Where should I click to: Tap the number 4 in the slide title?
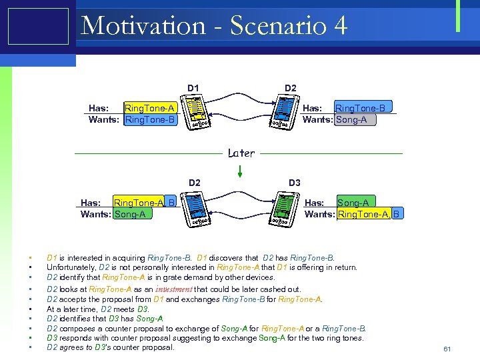pyautogui.click(x=339, y=25)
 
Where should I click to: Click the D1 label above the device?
pyautogui.click(x=193, y=88)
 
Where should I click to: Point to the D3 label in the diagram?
pyautogui.click(x=294, y=182)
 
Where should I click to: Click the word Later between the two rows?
pyautogui.click(x=241, y=153)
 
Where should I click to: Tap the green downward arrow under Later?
pyautogui.click(x=241, y=171)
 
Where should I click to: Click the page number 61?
pyautogui.click(x=447, y=349)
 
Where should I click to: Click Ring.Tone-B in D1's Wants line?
pyautogui.click(x=150, y=120)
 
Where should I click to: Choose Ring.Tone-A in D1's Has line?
pyautogui.click(x=150, y=108)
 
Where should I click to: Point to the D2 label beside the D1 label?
pyautogui.click(x=291, y=88)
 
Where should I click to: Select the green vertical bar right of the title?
pyautogui.click(x=458, y=15)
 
